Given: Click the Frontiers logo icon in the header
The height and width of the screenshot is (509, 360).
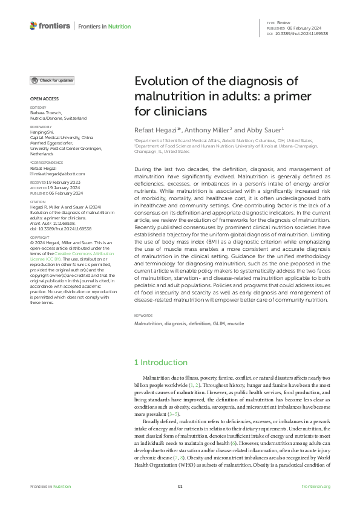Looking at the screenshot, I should [33, 26].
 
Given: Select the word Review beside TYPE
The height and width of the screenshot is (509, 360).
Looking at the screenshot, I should [284, 22].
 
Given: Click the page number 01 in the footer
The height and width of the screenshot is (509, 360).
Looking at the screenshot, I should [180, 486].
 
